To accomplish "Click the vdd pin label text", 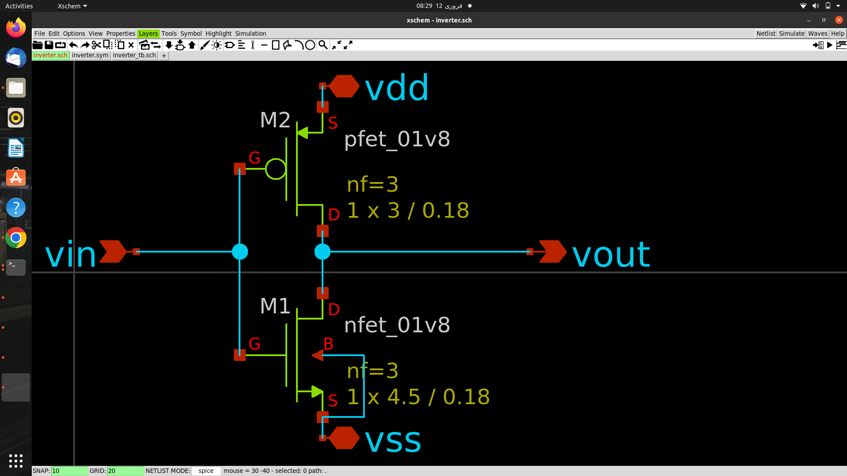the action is click(397, 88).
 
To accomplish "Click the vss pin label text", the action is click(393, 441).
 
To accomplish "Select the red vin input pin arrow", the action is click(113, 252).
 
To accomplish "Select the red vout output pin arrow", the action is click(553, 252).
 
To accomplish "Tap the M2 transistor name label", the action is click(275, 120).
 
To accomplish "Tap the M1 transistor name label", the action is click(275, 306).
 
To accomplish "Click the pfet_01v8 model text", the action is click(397, 139).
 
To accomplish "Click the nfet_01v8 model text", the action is click(397, 325).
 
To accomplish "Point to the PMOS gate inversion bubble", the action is click(276, 169).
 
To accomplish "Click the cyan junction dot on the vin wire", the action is click(240, 252).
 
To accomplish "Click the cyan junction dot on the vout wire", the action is click(322, 252).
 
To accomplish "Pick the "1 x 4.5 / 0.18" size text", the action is click(418, 397).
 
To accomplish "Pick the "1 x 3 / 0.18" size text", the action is click(408, 210).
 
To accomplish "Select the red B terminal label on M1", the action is click(328, 344).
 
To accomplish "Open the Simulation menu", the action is click(251, 33).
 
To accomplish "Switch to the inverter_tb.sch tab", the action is click(134, 55).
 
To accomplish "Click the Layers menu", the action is click(148, 33).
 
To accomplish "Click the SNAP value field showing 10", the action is click(70, 471).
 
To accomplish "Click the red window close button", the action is click(839, 20).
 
